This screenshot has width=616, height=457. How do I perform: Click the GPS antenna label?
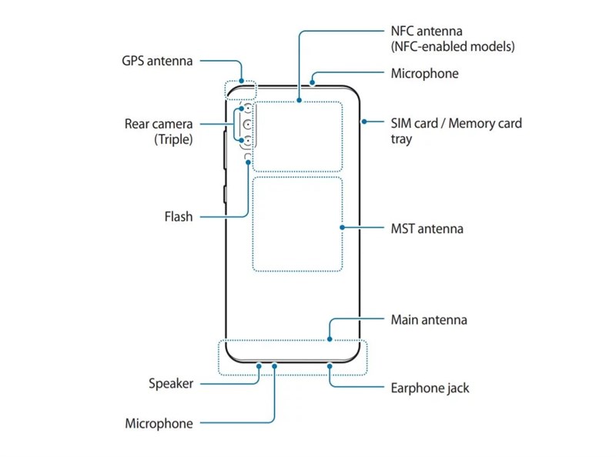[x=156, y=61]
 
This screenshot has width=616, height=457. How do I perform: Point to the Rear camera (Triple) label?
[x=159, y=131]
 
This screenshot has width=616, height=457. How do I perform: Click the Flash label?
[x=178, y=217]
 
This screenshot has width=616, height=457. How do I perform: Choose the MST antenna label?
[x=427, y=228]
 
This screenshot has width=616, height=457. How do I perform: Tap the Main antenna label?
[x=428, y=319]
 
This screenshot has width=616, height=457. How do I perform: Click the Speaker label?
[x=170, y=383]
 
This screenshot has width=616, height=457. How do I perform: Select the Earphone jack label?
[x=430, y=388]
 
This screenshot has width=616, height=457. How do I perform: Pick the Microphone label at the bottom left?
[x=159, y=423]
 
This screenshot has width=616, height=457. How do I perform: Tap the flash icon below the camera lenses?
[x=246, y=157]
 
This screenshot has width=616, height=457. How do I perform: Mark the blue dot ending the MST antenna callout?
[x=343, y=228]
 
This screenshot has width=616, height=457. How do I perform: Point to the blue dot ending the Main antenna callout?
[x=329, y=339]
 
